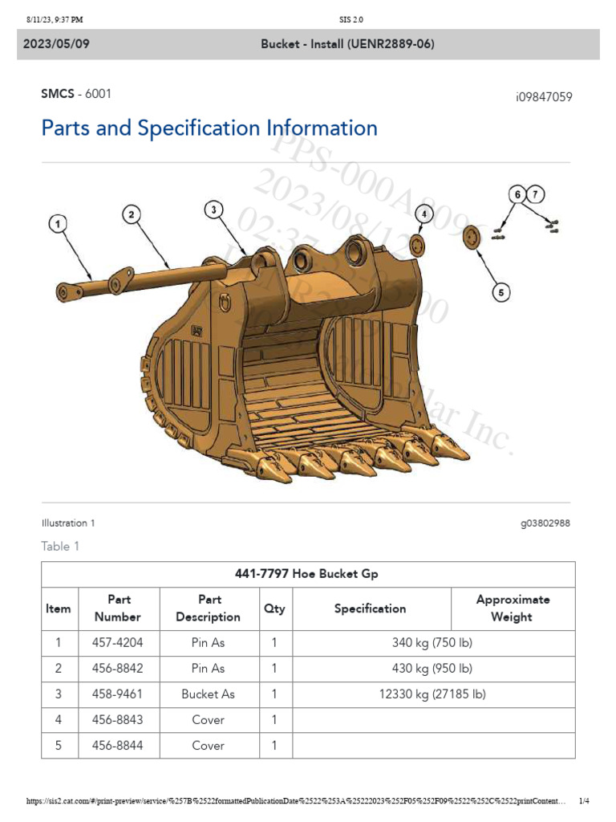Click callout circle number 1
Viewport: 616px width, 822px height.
[57, 224]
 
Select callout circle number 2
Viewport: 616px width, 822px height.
[132, 214]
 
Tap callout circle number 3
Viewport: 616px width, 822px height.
[213, 210]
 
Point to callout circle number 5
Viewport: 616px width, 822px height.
[501, 293]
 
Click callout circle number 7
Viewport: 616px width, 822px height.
[536, 193]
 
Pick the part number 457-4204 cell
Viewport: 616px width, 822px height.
[119, 642]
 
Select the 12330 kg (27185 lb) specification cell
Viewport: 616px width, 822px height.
[433, 694]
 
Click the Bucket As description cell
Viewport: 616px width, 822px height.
[208, 694]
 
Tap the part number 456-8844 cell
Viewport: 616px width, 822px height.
[119, 745]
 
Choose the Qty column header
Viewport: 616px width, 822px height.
[274, 608]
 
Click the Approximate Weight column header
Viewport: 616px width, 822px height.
[513, 608]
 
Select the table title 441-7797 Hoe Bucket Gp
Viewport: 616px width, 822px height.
[307, 574]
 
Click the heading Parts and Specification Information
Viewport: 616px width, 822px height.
[209, 128]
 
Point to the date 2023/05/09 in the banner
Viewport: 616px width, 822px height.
[56, 44]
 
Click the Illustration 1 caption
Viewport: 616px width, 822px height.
[68, 523]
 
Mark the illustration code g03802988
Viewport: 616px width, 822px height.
[545, 523]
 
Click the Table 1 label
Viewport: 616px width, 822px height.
[61, 546]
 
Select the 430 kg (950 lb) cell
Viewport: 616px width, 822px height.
[433, 668]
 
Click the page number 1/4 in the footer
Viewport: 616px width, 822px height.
[584, 801]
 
